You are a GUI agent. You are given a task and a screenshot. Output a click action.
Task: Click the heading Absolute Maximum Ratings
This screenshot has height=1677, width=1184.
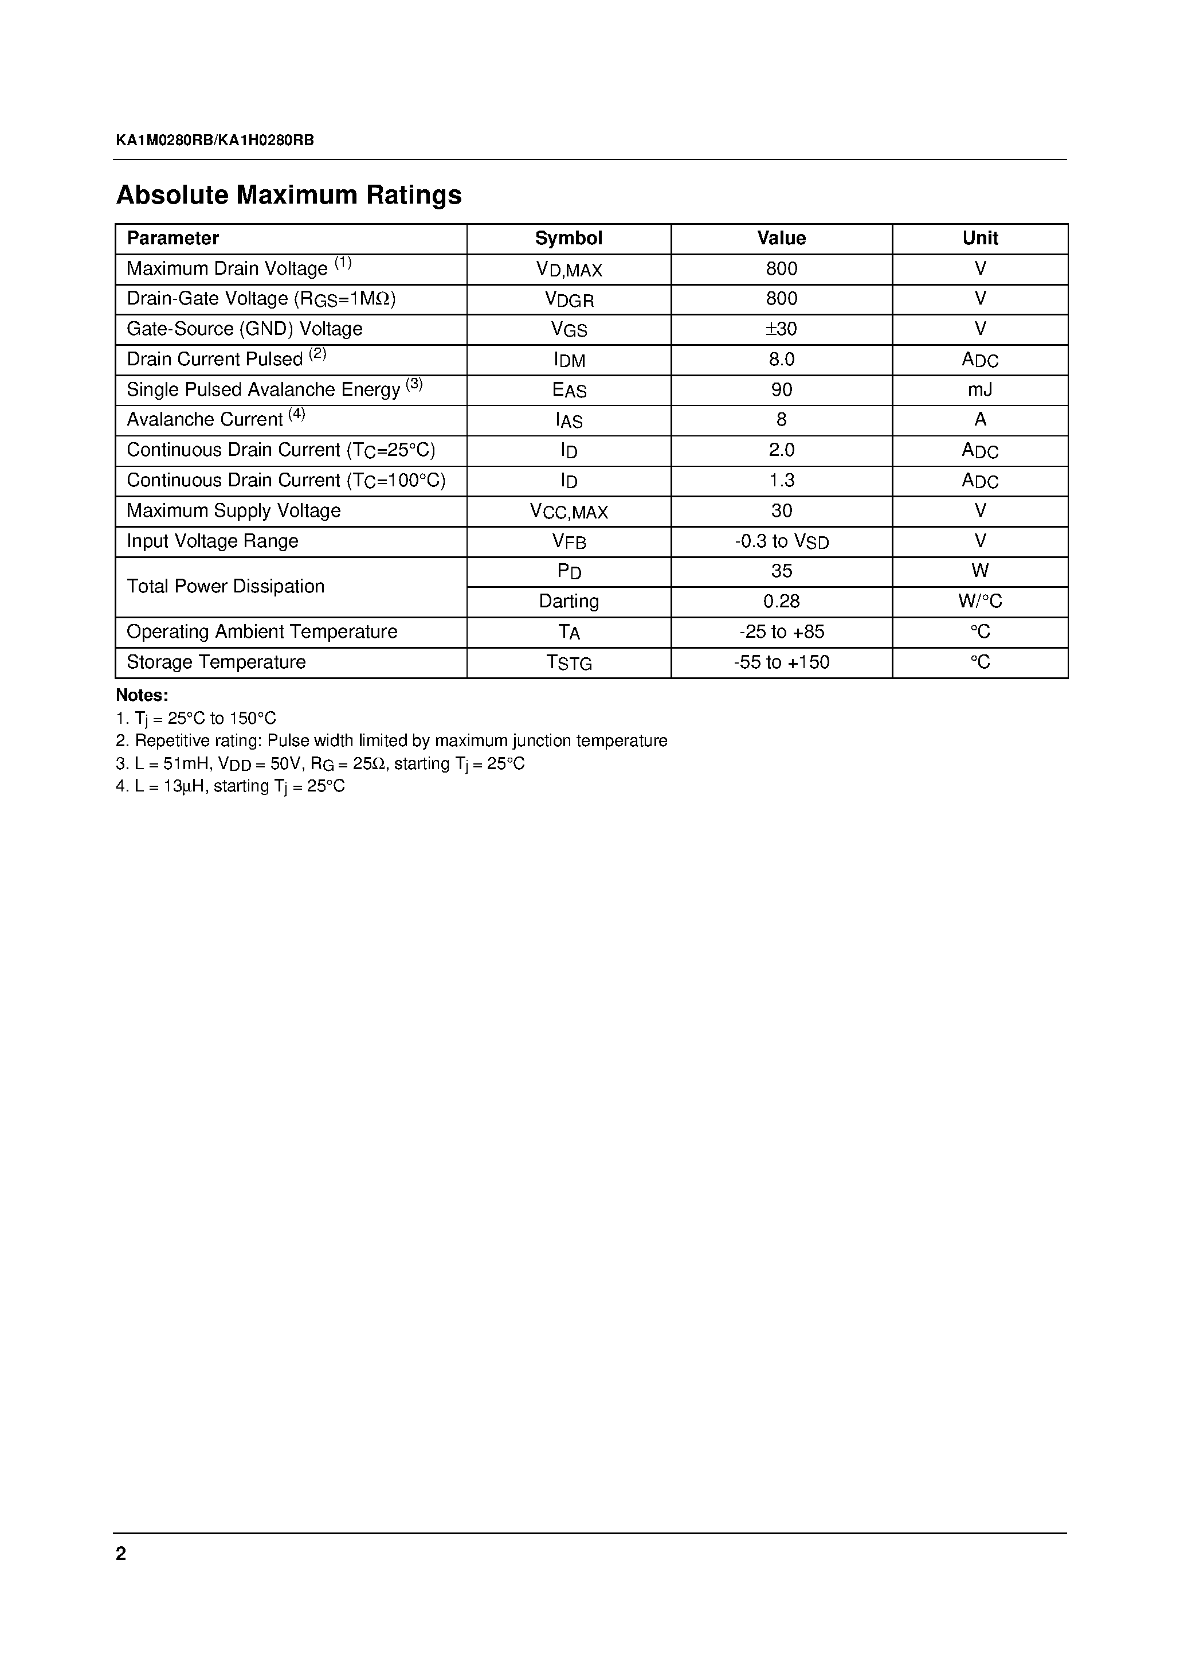coord(288,195)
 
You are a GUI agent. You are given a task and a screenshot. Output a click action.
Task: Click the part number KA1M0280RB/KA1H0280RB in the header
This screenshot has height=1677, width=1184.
coord(214,141)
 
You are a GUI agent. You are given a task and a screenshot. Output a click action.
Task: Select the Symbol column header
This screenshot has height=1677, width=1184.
coord(568,238)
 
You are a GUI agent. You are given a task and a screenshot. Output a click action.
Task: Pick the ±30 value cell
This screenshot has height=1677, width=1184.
coord(781,329)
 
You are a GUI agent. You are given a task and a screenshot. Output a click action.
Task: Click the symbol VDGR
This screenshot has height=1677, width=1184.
coord(569,299)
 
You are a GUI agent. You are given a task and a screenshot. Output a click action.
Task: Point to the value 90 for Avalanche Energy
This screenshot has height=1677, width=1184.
coord(781,390)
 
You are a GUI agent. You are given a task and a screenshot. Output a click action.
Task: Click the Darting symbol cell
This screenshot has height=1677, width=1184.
coord(569,601)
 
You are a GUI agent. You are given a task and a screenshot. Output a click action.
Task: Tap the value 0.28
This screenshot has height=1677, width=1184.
coord(781,601)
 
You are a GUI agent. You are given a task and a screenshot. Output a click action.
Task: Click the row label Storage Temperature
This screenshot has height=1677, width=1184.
coord(216,662)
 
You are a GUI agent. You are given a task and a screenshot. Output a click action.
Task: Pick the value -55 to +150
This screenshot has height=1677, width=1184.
coord(781,662)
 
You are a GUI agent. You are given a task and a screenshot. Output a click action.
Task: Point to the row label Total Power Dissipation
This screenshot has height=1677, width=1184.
coord(226,587)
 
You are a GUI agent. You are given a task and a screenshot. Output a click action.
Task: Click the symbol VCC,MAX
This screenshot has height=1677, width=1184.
coord(569,511)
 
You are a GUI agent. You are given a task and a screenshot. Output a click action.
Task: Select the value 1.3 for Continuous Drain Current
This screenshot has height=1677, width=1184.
coord(781,481)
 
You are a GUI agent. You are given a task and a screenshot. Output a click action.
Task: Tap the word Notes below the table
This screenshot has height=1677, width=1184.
coord(142,695)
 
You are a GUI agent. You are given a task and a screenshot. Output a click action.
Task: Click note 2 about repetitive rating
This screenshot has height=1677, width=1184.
coord(391,740)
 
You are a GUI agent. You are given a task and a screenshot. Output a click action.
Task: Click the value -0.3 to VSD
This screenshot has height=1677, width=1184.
coord(781,541)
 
